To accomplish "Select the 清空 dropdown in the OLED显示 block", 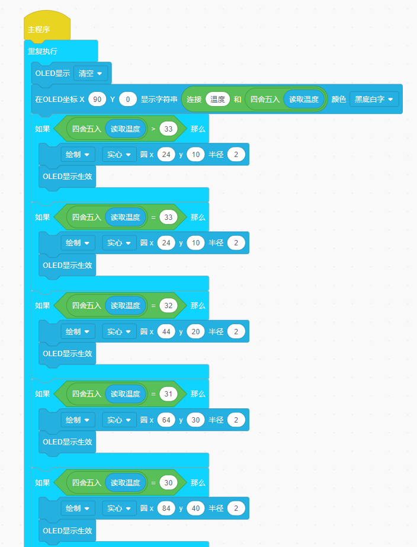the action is coord(90,73).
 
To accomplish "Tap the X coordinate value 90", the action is coord(97,99).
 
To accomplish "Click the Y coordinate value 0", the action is coord(128,99).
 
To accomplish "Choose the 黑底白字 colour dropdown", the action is coord(373,99).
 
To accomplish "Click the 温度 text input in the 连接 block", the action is coord(217,99).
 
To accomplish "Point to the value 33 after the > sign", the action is coord(168,129).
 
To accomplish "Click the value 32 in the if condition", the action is coord(168,305).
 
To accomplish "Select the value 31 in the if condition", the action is coord(168,394).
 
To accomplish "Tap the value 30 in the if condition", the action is coord(168,482).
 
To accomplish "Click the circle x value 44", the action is coord(166,331).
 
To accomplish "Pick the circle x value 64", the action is coord(166,420).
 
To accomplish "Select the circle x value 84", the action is coord(166,508).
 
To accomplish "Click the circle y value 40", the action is coord(195,508).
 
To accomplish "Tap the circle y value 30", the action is coord(195,420).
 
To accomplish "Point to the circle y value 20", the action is coord(195,331).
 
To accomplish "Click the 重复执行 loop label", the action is coord(43,51).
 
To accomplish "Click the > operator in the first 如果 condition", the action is coord(153,129).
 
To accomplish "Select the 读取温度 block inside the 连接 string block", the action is coord(304,99).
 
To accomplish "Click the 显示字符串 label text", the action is coord(159,99).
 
